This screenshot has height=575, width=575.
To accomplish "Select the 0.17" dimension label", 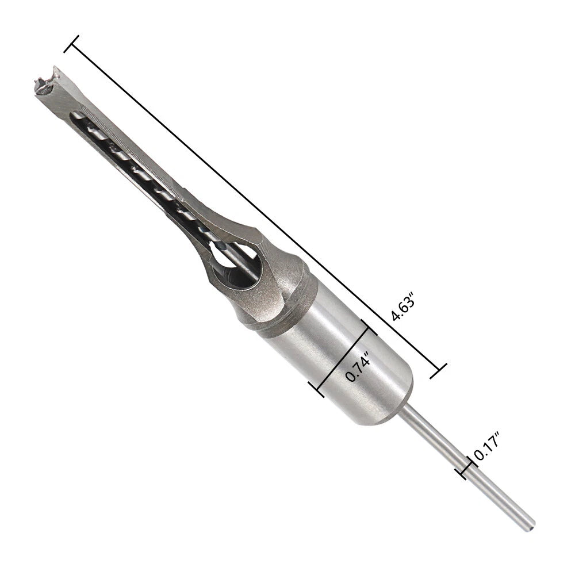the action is pyautogui.click(x=488, y=446).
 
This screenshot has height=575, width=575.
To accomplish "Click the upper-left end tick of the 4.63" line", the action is pyautogui.click(x=71, y=44).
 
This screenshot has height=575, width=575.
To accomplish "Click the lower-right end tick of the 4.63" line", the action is pyautogui.click(x=439, y=371).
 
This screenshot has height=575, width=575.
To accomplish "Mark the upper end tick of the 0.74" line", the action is pyautogui.click(x=369, y=327).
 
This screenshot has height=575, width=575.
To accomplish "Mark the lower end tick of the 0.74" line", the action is pyautogui.click(x=316, y=389).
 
